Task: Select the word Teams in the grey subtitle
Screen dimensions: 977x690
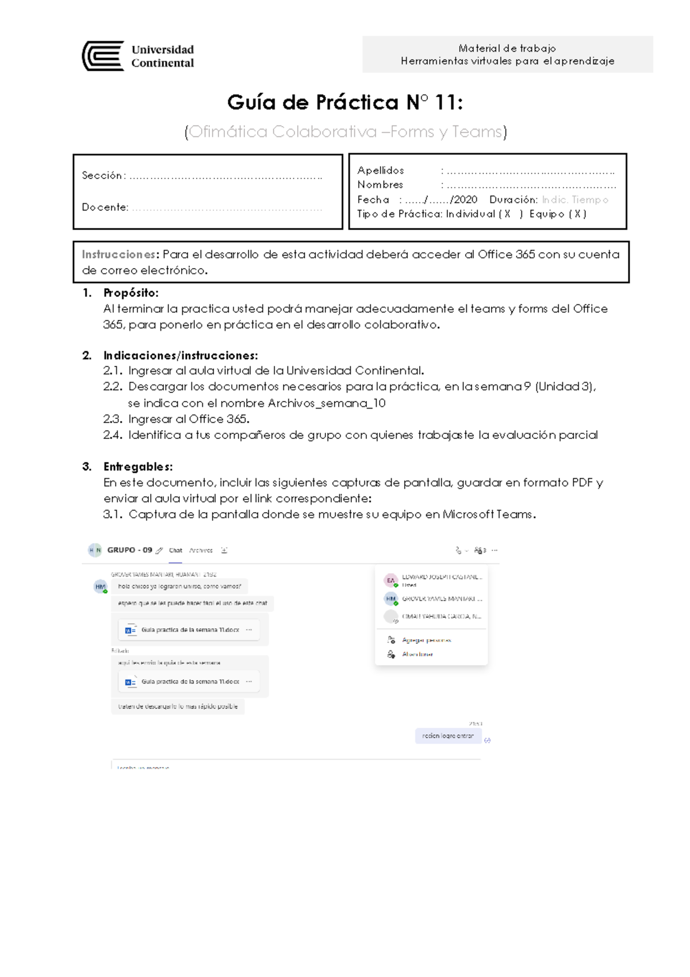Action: pos(477,132)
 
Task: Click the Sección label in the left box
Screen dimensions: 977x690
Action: pos(102,175)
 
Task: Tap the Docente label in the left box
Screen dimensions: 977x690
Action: pos(105,207)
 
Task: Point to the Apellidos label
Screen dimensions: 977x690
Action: pos(380,170)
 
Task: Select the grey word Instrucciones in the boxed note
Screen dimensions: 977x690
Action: pos(118,254)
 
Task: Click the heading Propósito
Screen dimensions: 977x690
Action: pos(131,293)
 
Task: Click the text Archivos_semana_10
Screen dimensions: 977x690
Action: pos(327,403)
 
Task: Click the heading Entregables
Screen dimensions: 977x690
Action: pos(137,467)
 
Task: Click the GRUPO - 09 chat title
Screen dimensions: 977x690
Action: pos(129,550)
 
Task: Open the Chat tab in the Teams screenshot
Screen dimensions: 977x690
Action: pos(175,551)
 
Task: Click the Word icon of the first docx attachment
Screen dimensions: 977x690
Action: pos(131,630)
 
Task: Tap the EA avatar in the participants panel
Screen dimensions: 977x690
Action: pos(390,580)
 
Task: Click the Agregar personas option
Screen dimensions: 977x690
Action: pos(426,640)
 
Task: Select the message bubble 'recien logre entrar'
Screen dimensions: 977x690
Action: pos(448,736)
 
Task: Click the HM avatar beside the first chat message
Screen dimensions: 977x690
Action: pos(100,587)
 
